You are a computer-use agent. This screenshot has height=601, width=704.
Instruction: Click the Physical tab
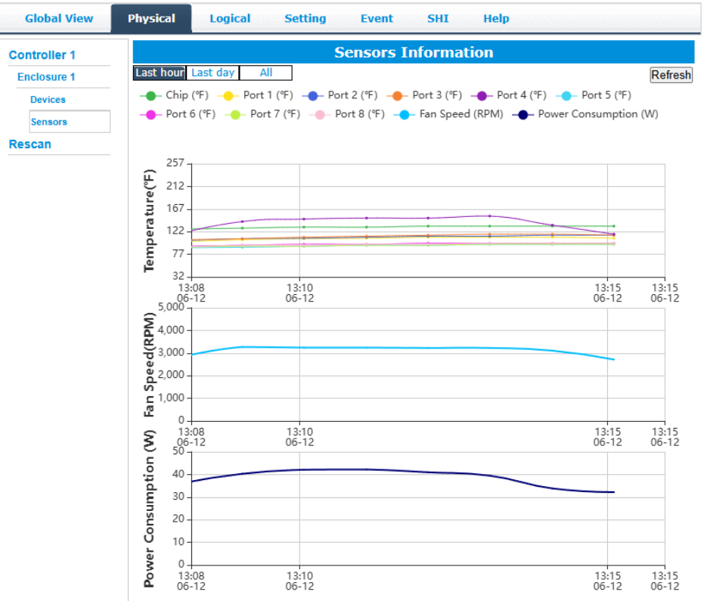pos(151,18)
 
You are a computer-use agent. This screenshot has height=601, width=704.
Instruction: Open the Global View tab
pos(59,18)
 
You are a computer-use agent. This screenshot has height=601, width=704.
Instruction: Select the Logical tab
pos(230,18)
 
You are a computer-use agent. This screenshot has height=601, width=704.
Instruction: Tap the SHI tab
pos(438,18)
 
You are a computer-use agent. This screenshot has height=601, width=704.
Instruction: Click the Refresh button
pos(671,75)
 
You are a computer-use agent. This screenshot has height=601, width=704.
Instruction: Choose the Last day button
pos(212,73)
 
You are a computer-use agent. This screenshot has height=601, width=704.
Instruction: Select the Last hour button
pos(160,73)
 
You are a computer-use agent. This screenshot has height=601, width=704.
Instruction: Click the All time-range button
pos(265,73)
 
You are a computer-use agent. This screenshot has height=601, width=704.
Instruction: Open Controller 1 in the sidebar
pos(42,55)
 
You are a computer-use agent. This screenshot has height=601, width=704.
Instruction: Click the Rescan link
pos(30,144)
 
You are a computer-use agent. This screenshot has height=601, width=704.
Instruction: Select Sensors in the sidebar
pos(49,122)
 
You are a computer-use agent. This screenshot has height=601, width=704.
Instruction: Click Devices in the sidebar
pos(48,100)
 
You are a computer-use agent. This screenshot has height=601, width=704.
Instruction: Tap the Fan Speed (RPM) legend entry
pos(453,114)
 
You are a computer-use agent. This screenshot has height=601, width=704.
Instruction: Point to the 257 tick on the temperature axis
pos(175,163)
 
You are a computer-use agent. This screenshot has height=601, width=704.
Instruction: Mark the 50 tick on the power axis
pos(178,451)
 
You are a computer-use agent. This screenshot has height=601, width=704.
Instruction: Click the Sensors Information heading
pos(414,52)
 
